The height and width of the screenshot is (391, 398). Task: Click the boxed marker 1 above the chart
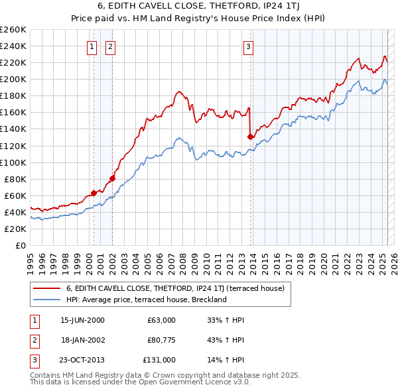pyautogui.click(x=92, y=46)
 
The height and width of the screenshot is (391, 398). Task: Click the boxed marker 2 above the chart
pyautogui.click(x=109, y=46)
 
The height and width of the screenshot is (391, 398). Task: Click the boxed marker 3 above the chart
pyautogui.click(x=247, y=46)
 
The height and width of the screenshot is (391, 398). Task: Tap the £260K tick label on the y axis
pyautogui.click(x=13, y=30)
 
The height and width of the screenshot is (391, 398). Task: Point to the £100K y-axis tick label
pyautogui.click(x=13, y=162)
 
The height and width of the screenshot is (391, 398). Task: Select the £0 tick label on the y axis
pyautogui.click(x=20, y=245)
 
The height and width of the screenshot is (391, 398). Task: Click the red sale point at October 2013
pyautogui.click(x=250, y=137)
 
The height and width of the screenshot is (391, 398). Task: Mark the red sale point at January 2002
pyautogui.click(x=112, y=178)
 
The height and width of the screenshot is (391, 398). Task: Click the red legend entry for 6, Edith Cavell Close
pyautogui.click(x=175, y=288)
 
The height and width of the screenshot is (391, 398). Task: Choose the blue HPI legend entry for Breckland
pyautogui.click(x=146, y=300)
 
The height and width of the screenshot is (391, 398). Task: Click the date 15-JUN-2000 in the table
pyautogui.click(x=82, y=320)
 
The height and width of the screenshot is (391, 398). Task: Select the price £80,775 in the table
pyautogui.click(x=159, y=340)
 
